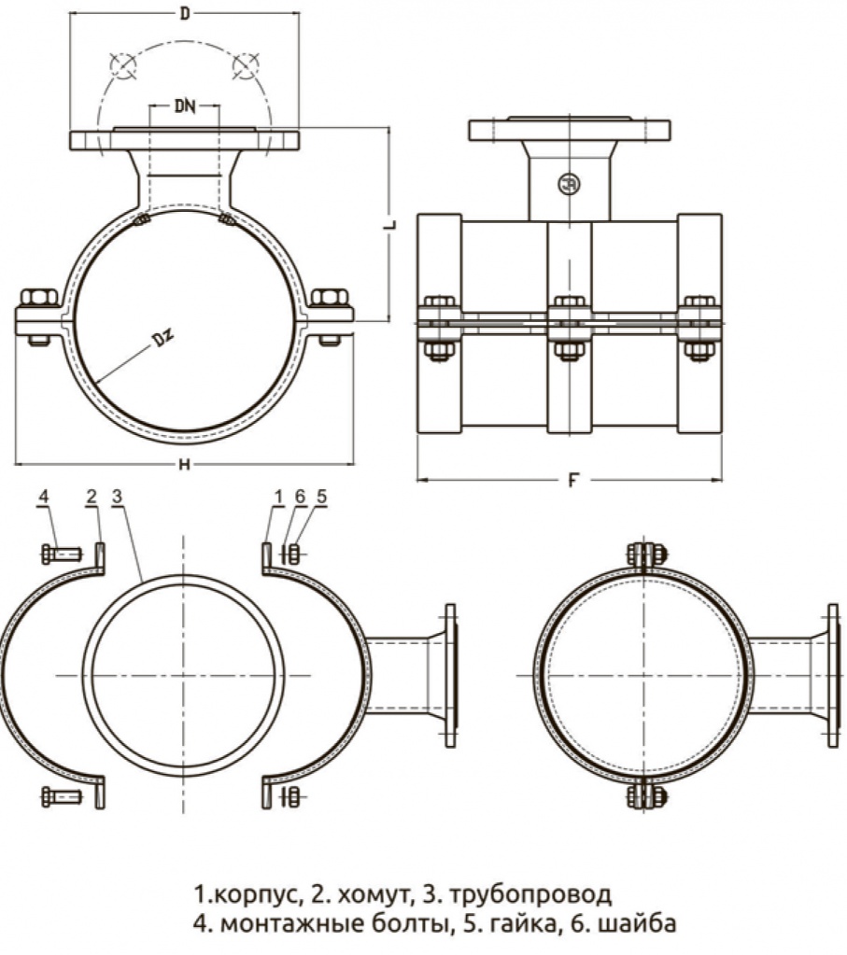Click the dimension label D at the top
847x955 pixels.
pyautogui.click(x=185, y=13)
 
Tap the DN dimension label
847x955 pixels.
pyautogui.click(x=185, y=106)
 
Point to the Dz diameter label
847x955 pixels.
pyautogui.click(x=162, y=338)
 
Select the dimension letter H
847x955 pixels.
pyautogui.click(x=185, y=465)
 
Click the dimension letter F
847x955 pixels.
pyautogui.click(x=572, y=481)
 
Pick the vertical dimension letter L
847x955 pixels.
pyautogui.click(x=390, y=224)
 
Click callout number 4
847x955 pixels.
pyautogui.click(x=43, y=497)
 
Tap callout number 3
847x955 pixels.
pyautogui.click(x=117, y=497)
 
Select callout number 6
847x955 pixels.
pyautogui.click(x=300, y=497)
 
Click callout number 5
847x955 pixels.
pyautogui.click(x=322, y=497)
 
